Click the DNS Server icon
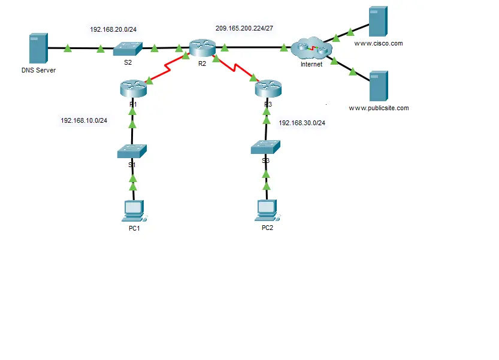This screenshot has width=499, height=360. click(38, 49)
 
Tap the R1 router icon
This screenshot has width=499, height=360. click(133, 89)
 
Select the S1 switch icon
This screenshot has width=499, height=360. click(132, 151)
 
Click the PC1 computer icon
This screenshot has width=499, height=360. click(133, 210)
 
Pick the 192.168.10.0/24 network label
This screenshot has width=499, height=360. click(84, 120)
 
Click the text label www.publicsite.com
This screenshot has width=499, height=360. click(379, 108)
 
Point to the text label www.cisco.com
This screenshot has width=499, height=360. click(379, 44)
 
